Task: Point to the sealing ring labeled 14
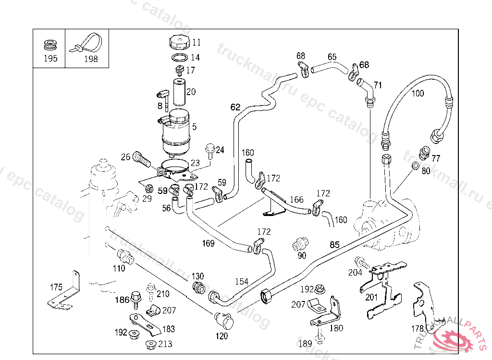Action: (x=179, y=58)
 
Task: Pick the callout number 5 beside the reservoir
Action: (x=194, y=127)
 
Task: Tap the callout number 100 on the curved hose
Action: (x=418, y=94)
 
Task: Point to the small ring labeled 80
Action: (x=415, y=167)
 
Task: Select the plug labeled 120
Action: (x=223, y=319)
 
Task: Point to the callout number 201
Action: (x=371, y=297)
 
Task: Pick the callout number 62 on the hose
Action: (x=235, y=108)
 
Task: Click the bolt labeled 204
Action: (x=361, y=263)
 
